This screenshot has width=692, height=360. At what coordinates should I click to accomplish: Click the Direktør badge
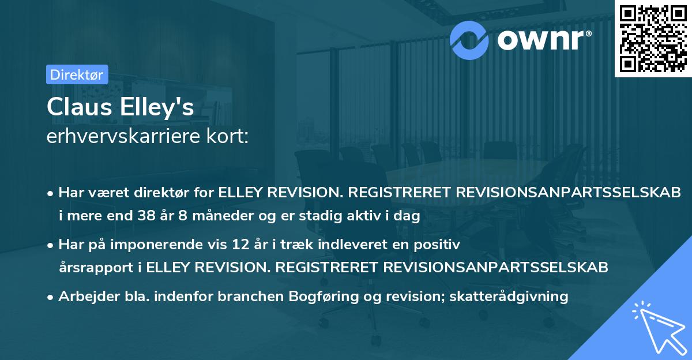click(77, 74)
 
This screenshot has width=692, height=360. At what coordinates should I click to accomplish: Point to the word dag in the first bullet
click(408, 216)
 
